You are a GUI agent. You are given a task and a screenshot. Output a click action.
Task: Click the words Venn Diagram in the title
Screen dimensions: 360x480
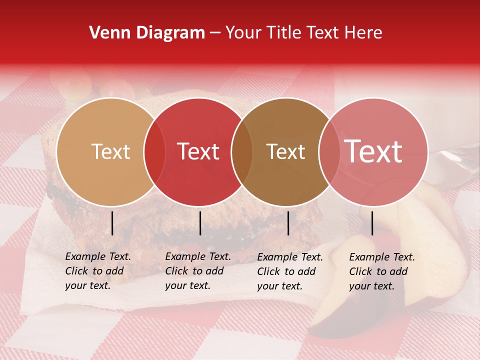[147, 33]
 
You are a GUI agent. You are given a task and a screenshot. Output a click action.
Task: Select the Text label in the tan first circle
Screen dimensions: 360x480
[110, 151]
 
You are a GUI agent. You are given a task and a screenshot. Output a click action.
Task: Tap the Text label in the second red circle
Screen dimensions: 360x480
[198, 151]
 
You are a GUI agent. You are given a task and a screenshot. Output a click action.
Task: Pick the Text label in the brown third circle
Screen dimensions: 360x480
[285, 151]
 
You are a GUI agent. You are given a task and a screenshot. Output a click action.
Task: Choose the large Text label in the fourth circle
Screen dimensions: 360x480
[373, 151]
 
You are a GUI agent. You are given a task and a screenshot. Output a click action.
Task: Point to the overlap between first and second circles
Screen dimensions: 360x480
[154, 151]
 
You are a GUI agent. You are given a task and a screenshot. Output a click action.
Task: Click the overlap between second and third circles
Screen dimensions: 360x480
[242, 151]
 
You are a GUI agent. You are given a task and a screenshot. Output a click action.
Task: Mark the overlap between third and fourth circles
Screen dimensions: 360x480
[329, 151]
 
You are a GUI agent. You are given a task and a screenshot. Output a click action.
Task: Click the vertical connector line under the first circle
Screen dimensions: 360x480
[112, 223]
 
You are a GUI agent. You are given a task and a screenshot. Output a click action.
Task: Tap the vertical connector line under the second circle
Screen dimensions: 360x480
[200, 223]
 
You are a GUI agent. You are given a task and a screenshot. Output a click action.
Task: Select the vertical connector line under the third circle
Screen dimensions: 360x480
[288, 223]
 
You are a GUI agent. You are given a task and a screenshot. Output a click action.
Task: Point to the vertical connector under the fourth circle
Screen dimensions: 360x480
[372, 223]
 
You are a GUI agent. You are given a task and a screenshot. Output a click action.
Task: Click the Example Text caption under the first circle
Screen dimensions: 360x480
[98, 271]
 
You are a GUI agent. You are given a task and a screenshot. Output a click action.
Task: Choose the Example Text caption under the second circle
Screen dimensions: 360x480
[198, 271]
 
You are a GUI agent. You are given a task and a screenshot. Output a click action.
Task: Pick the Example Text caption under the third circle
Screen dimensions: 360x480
[290, 271]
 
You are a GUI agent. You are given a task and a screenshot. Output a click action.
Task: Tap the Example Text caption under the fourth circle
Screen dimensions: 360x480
[382, 271]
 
